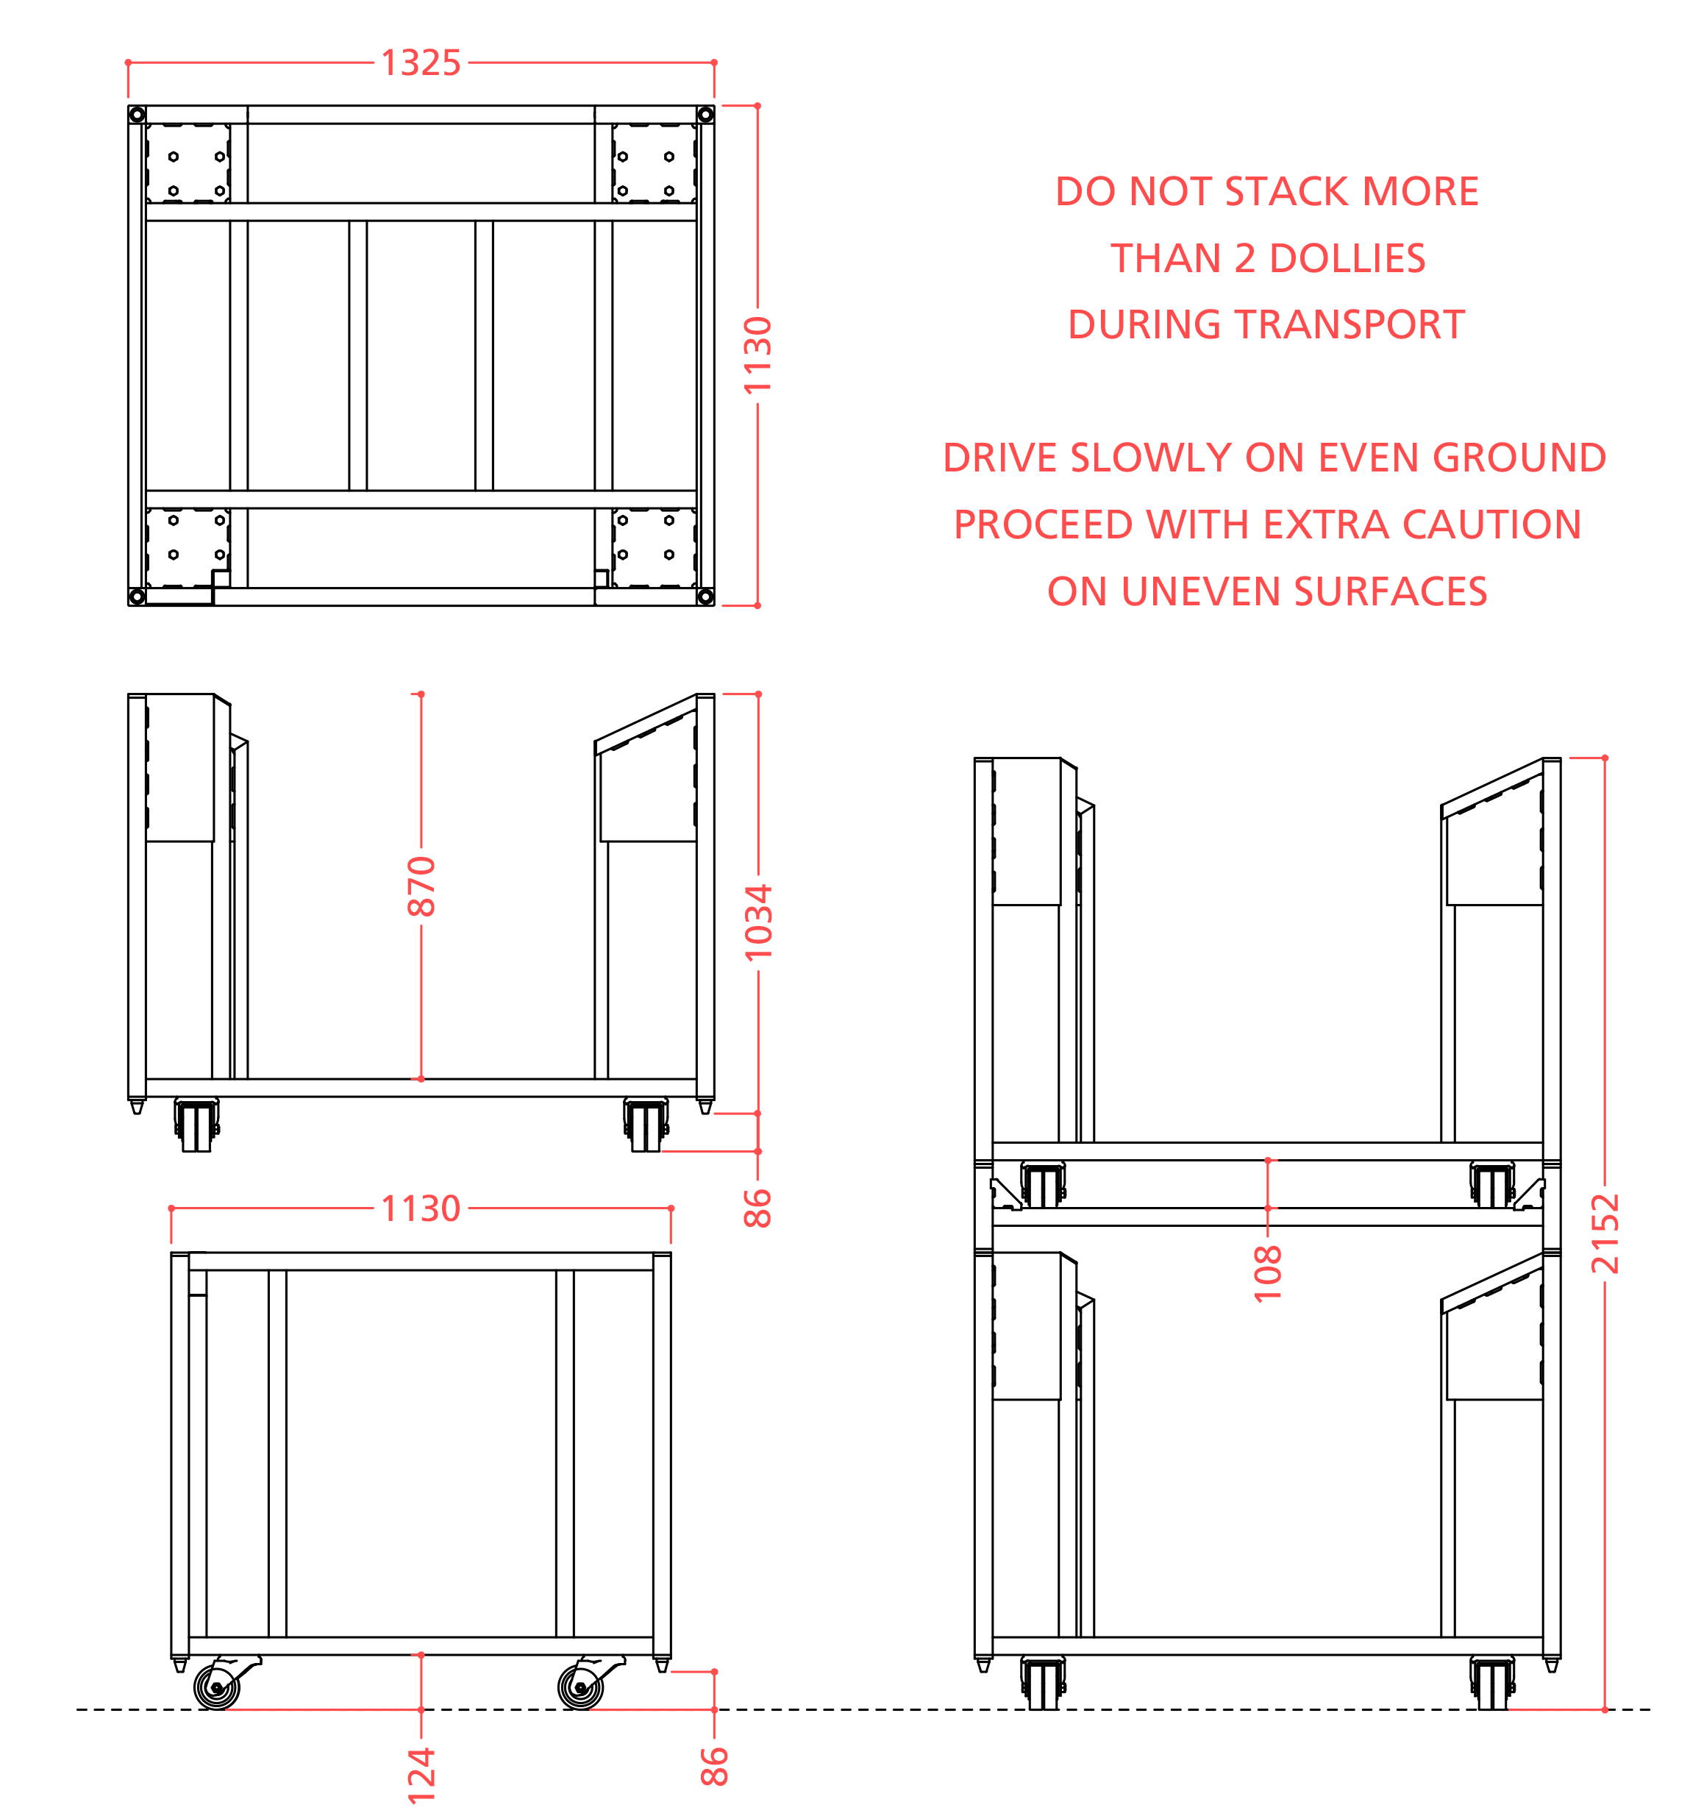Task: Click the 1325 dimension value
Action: point(420,63)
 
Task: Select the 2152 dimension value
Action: point(1604,1234)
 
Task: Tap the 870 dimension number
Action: point(421,886)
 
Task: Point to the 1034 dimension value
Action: point(758,922)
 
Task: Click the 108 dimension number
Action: point(1268,1272)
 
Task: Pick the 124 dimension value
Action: point(421,1775)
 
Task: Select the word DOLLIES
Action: point(1347,258)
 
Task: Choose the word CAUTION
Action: point(1491,524)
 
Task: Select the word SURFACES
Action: point(1391,592)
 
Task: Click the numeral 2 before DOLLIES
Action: point(1244,258)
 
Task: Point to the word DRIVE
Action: point(999,457)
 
